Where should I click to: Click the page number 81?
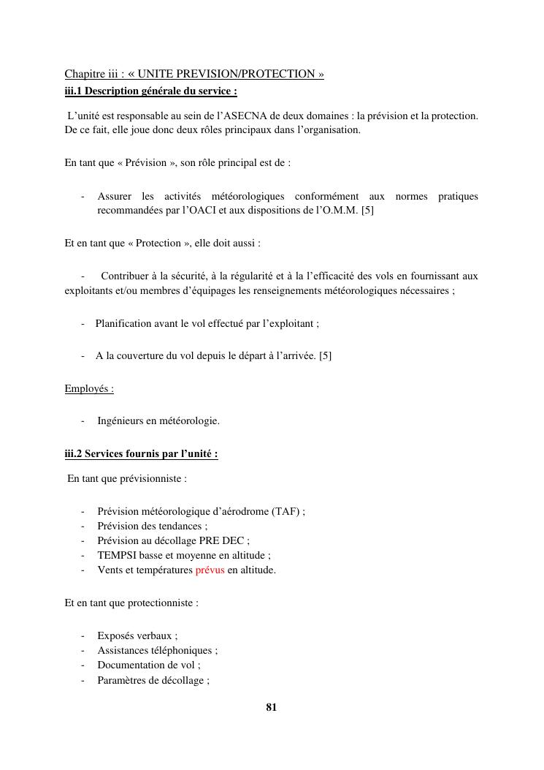point(272,707)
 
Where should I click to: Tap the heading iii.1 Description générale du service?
point(150,91)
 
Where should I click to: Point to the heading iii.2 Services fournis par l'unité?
point(141,454)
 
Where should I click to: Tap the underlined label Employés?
point(89,389)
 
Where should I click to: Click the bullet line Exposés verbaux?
point(137,636)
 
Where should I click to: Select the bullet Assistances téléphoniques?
point(157,651)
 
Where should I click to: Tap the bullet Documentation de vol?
point(149,665)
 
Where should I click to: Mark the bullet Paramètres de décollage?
point(153,681)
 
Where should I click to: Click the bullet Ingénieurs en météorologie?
point(158,421)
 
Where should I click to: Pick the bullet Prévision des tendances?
point(153,526)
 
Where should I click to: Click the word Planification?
point(123,323)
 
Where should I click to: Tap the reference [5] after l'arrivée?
point(325,356)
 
